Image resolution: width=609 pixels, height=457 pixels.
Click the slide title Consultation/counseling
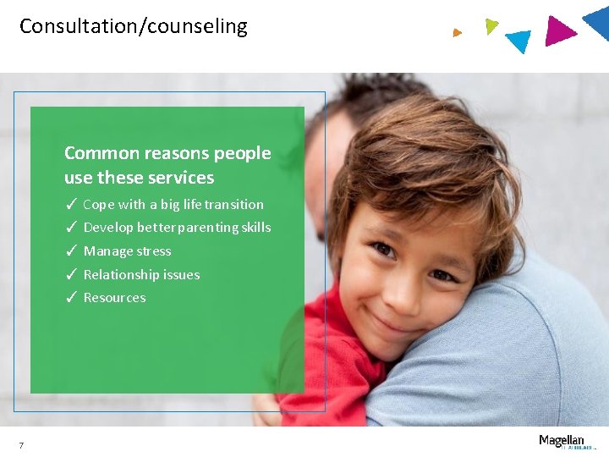tap(134, 26)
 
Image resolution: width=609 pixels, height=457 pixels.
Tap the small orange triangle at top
tap(457, 33)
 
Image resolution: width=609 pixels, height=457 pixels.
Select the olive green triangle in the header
tap(491, 25)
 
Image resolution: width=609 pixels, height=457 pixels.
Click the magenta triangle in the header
tap(558, 31)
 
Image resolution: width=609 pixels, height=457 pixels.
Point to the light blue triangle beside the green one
tap(518, 40)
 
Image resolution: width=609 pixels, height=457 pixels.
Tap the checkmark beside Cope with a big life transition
tap(72, 204)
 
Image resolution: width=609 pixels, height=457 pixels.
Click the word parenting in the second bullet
tap(198, 228)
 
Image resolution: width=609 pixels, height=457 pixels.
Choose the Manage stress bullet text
tap(127, 251)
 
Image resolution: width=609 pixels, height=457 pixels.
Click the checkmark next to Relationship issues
tap(72, 274)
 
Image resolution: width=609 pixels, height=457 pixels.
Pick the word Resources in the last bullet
tap(114, 298)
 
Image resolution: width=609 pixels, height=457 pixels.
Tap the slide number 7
tap(21, 446)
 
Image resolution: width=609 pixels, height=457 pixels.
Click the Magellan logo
tap(562, 441)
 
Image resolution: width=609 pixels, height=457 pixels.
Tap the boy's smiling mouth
tap(391, 321)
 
